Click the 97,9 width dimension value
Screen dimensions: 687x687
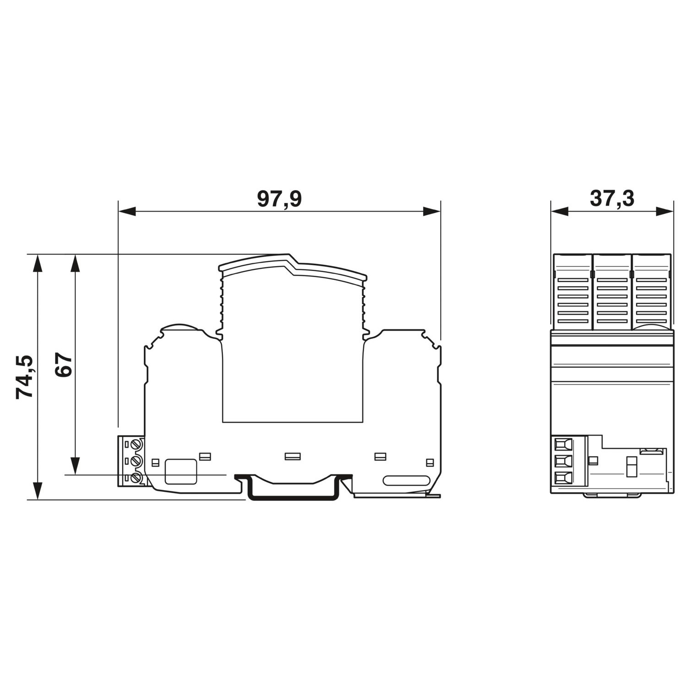click(279, 199)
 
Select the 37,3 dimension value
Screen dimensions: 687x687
click(612, 199)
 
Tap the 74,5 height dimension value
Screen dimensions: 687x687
click(25, 376)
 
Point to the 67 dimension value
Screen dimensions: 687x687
click(64, 365)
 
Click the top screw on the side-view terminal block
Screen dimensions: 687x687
click(136, 444)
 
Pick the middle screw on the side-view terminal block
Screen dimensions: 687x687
click(136, 461)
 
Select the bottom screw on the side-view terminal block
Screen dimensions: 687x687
click(136, 478)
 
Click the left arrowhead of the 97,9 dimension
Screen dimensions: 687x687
click(127, 211)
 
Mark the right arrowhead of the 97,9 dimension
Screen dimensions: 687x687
click(431, 211)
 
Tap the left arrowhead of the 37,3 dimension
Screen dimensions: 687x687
click(560, 211)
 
